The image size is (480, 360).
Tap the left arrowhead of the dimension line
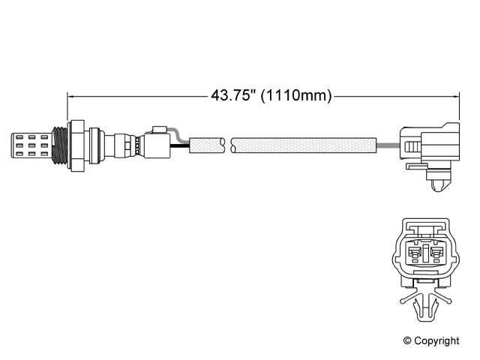pos(72,95)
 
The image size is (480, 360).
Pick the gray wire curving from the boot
pos(178,135)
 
